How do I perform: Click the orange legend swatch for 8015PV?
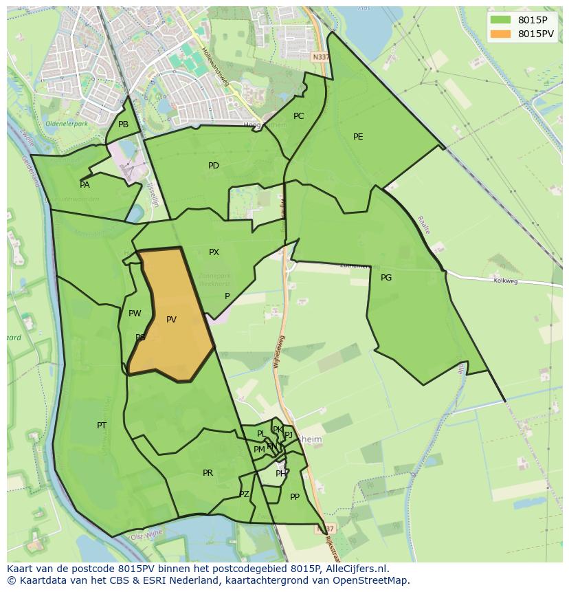[501, 34]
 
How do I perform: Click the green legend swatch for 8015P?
[501, 20]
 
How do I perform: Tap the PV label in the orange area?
[171, 320]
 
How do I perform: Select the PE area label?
[358, 137]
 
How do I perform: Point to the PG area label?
[386, 278]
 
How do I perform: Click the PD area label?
[214, 166]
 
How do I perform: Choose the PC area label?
[298, 116]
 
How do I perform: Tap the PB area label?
[123, 124]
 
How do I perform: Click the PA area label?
[85, 185]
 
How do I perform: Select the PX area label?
[214, 252]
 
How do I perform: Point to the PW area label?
[135, 314]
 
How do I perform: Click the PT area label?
[102, 426]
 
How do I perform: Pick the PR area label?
[208, 473]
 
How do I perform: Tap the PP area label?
[295, 497]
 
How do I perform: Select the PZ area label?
[244, 494]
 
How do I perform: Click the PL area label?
[261, 434]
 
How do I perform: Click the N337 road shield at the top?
[320, 57]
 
